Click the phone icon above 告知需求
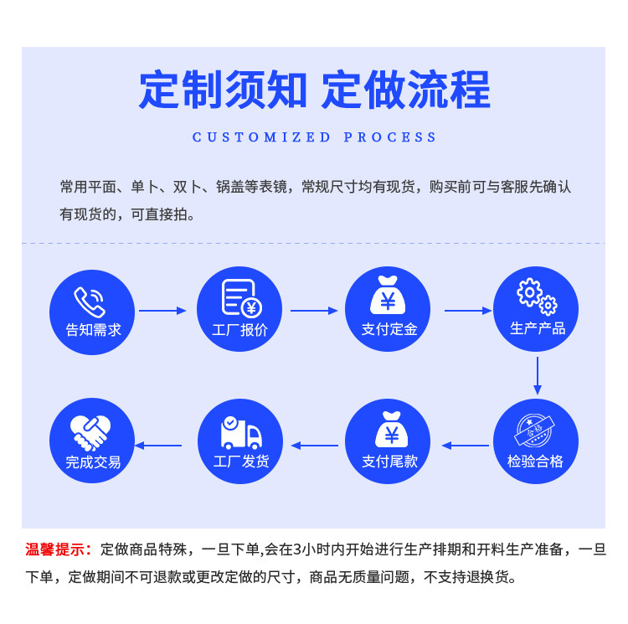coord(90,300)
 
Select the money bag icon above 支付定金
coord(388,296)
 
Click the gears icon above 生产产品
coord(536,296)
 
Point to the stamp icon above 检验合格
coord(536,429)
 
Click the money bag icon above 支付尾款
coord(389,429)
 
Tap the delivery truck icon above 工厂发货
coord(241,431)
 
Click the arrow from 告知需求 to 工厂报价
coord(162,311)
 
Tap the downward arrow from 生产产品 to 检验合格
coord(538,376)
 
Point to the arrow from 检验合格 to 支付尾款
coord(465,445)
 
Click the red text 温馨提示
coord(58,549)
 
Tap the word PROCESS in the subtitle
coord(390,137)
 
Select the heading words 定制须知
coord(223,90)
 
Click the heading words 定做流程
coord(406,90)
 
